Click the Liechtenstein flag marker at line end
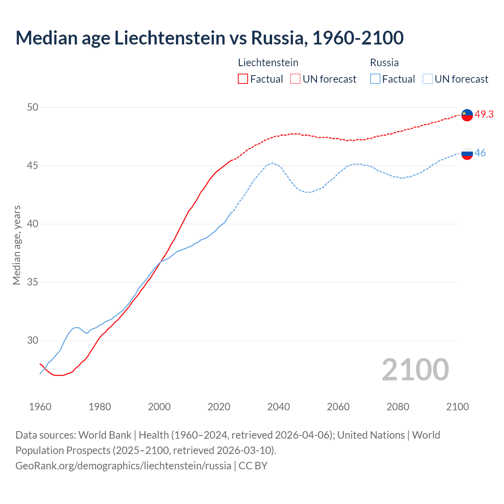coord(467,115)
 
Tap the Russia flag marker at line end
coord(467,154)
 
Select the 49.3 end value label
coord(484,114)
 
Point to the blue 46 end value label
coord(480,153)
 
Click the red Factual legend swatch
coord(243,79)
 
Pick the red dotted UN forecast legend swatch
coord(295,79)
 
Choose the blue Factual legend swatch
coord(375,79)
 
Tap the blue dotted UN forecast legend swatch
coord(427,79)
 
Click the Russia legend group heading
coord(384,63)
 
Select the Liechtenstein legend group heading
coord(268,63)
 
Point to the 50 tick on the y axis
coord(33,107)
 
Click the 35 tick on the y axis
coord(33,282)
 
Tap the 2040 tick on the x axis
coord(278,407)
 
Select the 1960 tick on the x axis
coord(40,407)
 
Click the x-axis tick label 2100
coord(457,407)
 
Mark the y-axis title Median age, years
coord(17,245)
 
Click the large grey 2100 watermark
coord(415,369)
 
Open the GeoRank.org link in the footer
coord(123,465)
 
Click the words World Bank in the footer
coord(105,435)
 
